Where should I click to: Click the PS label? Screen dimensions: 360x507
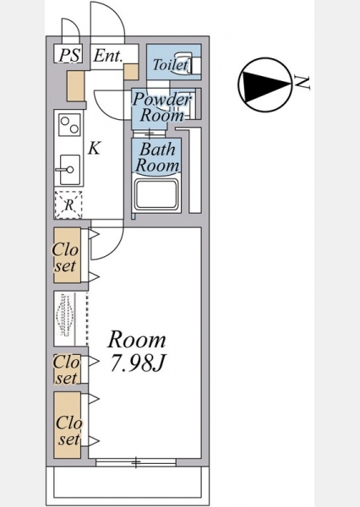(69, 55)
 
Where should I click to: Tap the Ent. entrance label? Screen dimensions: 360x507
(108, 56)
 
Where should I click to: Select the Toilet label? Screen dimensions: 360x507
(171, 64)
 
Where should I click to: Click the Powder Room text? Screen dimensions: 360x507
(162, 107)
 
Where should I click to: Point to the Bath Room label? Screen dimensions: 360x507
(157, 157)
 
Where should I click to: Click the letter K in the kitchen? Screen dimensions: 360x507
(94, 149)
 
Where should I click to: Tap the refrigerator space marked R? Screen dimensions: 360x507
(68, 205)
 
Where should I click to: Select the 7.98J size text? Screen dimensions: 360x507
(138, 363)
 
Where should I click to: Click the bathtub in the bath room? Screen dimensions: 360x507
(156, 195)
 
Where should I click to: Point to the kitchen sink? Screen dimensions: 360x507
(70, 170)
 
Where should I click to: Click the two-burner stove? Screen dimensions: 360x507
(69, 125)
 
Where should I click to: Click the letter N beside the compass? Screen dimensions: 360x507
(303, 83)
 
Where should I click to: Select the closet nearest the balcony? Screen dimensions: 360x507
(68, 425)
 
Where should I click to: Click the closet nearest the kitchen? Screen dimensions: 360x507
(68, 255)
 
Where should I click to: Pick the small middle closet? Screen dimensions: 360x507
(67, 369)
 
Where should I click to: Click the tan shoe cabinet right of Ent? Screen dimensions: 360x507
(131, 72)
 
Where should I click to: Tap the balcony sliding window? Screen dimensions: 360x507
(136, 462)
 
